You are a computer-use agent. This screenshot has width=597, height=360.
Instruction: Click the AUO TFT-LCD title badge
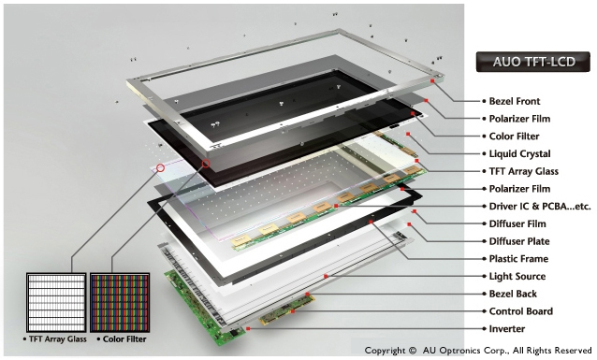pos(532,62)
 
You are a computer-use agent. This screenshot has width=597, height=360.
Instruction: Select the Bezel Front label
pos(515,101)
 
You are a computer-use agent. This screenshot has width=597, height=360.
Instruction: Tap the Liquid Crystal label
pos(519,153)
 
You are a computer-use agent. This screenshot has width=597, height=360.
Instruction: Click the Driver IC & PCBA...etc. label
pos(540,207)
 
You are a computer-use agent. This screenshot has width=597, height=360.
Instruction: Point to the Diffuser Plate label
pos(519,241)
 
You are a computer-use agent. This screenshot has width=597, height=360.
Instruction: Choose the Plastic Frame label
pos(518,259)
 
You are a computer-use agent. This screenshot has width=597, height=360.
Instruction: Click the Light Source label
pos(517,276)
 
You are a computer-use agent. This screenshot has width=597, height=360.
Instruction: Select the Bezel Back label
pos(513,294)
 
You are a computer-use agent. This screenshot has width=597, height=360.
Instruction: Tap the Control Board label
pos(521,311)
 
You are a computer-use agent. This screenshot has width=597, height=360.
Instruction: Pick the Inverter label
pos(507,329)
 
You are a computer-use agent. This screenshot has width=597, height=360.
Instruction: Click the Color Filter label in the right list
pos(514,137)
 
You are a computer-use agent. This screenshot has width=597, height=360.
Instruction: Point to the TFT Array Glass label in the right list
pos(523,171)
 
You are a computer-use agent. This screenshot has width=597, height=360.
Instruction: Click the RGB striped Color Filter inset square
pos(120,303)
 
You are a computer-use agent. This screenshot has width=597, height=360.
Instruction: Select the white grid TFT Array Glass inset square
pos(56,303)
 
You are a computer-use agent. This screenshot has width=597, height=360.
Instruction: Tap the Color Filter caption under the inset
pos(124,339)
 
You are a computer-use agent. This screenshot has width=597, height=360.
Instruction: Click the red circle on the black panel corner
pos(206,164)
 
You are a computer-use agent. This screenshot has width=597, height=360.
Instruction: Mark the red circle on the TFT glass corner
pos(161,167)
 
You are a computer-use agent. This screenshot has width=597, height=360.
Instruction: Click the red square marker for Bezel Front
pos(432,80)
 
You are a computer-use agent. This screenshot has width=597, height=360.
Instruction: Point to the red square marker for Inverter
pos(248,328)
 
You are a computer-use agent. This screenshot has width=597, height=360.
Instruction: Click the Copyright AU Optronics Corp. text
pos(478,350)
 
